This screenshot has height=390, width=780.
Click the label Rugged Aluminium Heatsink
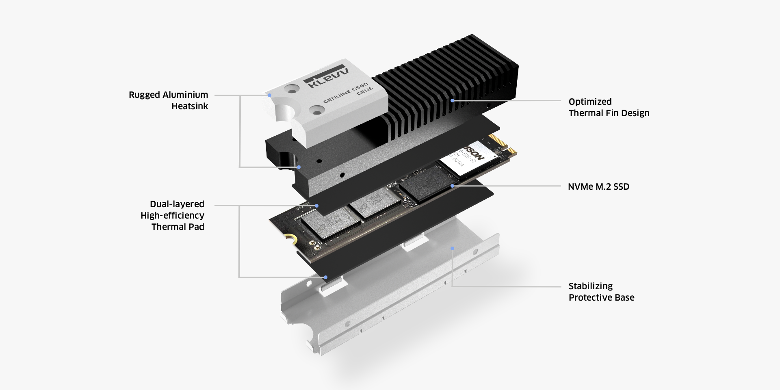(169, 100)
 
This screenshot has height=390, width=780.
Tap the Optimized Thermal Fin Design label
(609, 107)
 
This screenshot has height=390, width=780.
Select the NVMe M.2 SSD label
(598, 186)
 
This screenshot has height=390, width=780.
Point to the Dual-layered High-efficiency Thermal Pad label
(173, 215)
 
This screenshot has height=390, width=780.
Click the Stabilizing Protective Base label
(601, 292)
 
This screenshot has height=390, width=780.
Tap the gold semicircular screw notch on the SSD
(290, 239)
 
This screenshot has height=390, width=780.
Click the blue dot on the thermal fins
(452, 100)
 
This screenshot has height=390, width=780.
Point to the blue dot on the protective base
(452, 248)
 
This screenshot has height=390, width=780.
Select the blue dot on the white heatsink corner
(269, 95)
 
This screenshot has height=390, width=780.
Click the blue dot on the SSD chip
(452, 186)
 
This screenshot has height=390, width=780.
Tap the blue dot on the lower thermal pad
(325, 277)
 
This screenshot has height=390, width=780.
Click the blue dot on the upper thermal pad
(317, 206)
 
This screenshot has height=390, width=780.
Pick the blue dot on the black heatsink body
(299, 167)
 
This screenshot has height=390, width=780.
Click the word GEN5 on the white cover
(364, 91)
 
